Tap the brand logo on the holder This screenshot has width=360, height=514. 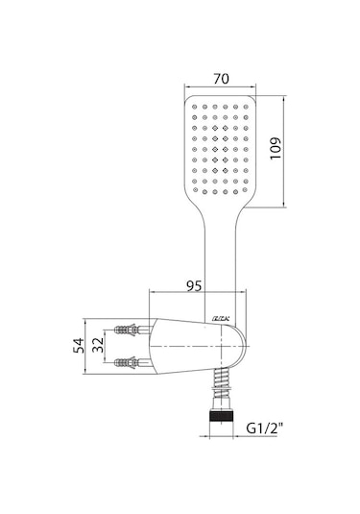tap(218, 320)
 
